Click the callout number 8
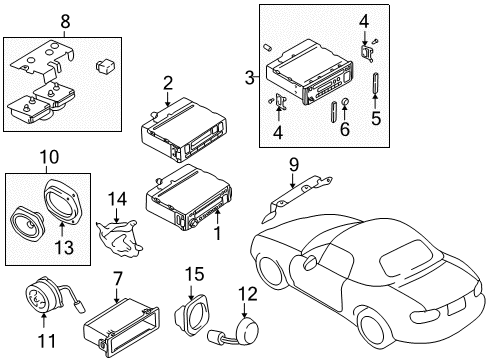(65, 21)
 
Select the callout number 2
(168, 83)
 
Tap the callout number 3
(250, 77)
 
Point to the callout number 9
(294, 165)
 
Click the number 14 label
(117, 199)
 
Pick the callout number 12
(248, 294)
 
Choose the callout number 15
(195, 274)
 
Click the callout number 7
(118, 279)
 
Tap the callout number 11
(47, 341)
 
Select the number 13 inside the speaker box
(64, 247)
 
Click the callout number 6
(345, 129)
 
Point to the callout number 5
(376, 118)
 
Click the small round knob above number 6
(346, 101)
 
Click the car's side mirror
(310, 261)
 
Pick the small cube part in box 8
(104, 66)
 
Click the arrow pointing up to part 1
(217, 216)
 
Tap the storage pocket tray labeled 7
(121, 328)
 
